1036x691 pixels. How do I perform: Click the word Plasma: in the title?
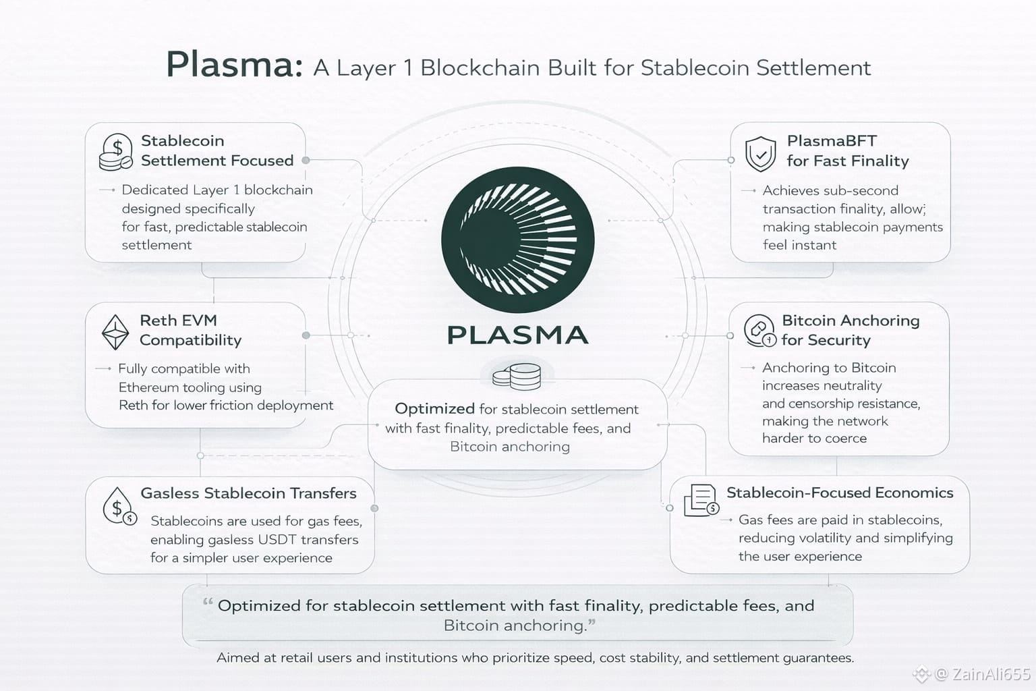tap(233, 65)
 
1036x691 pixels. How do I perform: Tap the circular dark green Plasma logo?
tap(518, 240)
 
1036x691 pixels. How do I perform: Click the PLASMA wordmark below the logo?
tap(518, 335)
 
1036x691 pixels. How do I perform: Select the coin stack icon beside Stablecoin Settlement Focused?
tap(115, 151)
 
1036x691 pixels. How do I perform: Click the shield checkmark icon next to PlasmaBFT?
tap(760, 153)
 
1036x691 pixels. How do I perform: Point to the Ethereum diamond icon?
tap(115, 331)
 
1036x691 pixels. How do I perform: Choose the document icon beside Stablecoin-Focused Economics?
tap(701, 500)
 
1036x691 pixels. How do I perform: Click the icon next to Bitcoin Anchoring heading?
tap(759, 331)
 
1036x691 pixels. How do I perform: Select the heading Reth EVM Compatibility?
tap(190, 330)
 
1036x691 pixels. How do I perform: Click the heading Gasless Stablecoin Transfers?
tap(248, 493)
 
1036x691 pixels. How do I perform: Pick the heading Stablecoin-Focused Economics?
tap(840, 493)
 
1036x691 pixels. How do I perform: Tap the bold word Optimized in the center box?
tap(434, 409)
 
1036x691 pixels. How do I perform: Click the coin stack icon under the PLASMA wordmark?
tap(517, 377)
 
